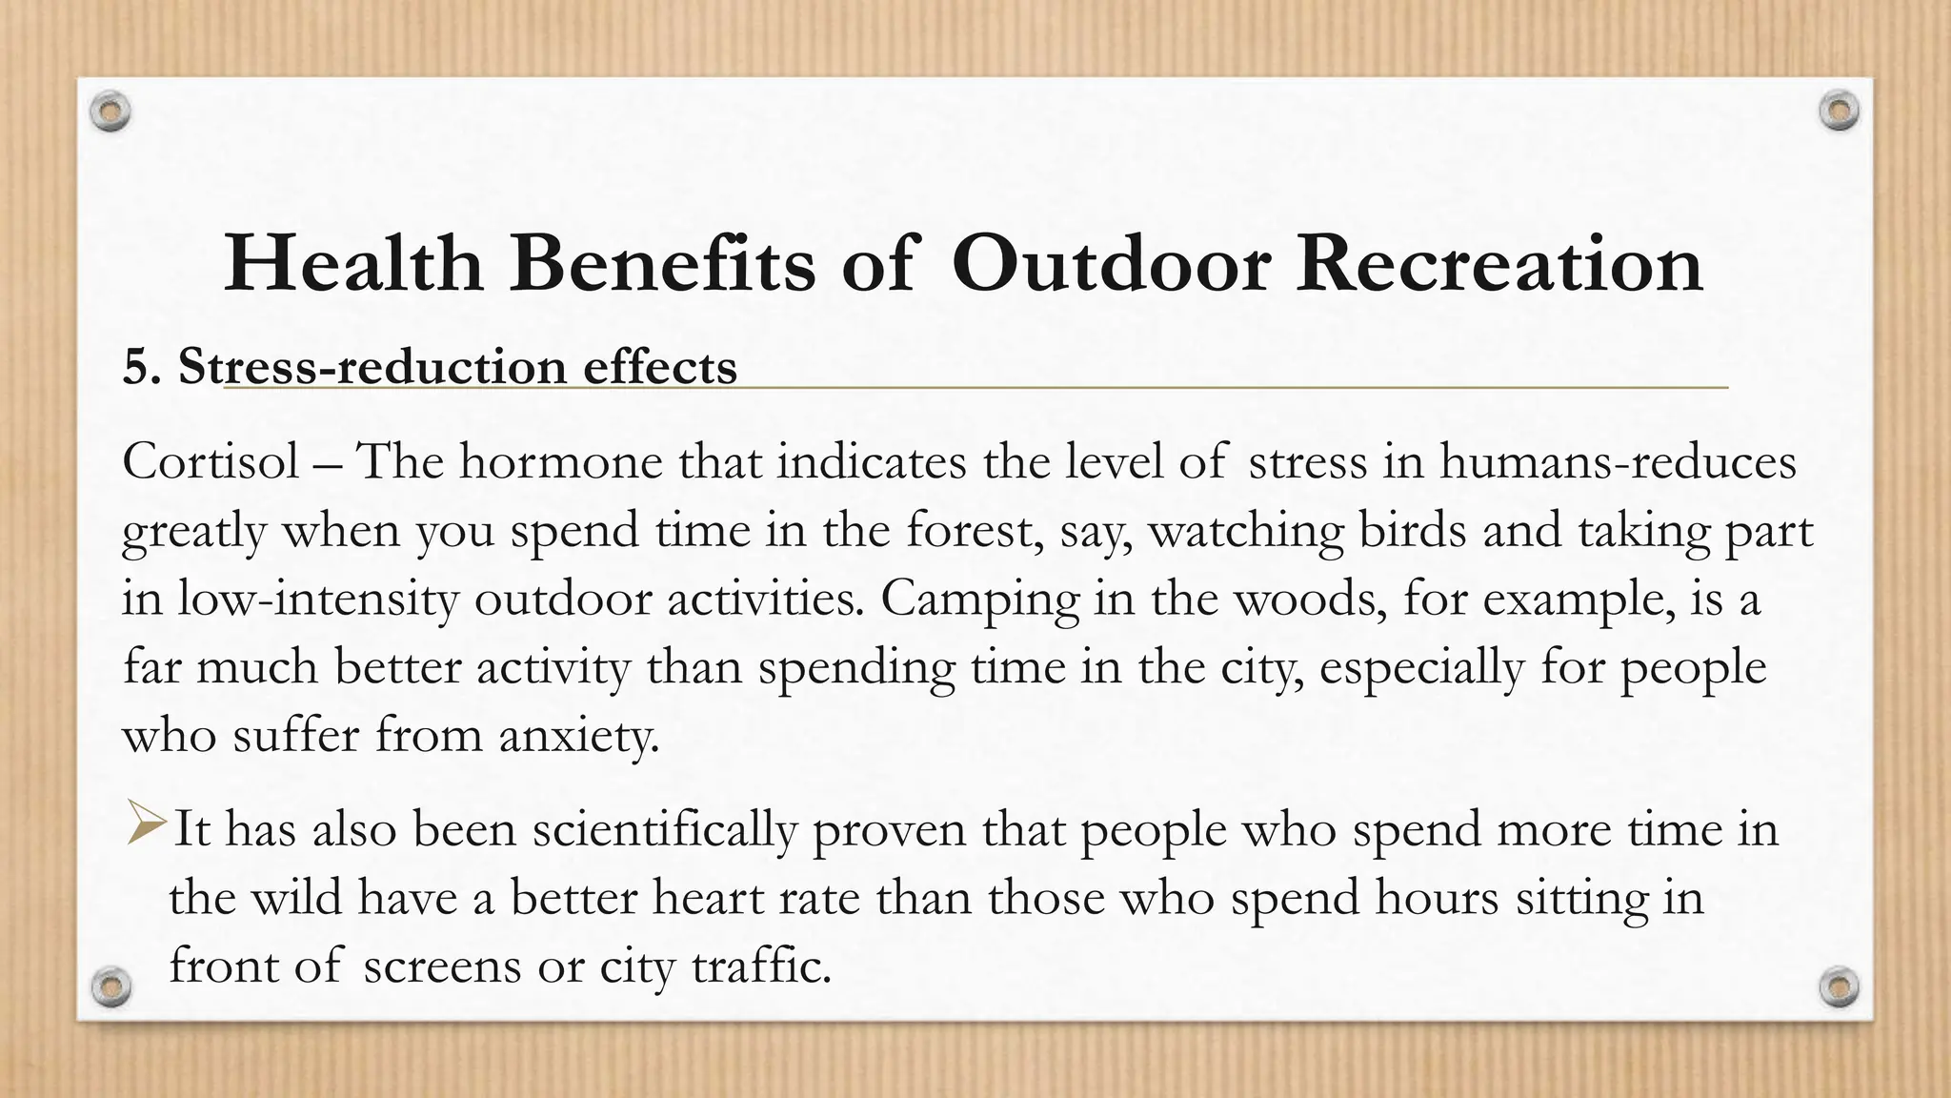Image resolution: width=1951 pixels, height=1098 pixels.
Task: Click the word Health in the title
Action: (353, 264)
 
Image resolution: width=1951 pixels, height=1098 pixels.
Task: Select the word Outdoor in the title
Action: (1111, 264)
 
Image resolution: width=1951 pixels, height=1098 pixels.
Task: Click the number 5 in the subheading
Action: (136, 367)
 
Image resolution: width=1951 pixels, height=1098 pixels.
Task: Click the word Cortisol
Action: (211, 462)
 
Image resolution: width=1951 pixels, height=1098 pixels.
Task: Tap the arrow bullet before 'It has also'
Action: (147, 824)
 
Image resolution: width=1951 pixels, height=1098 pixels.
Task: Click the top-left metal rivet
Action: (111, 112)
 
